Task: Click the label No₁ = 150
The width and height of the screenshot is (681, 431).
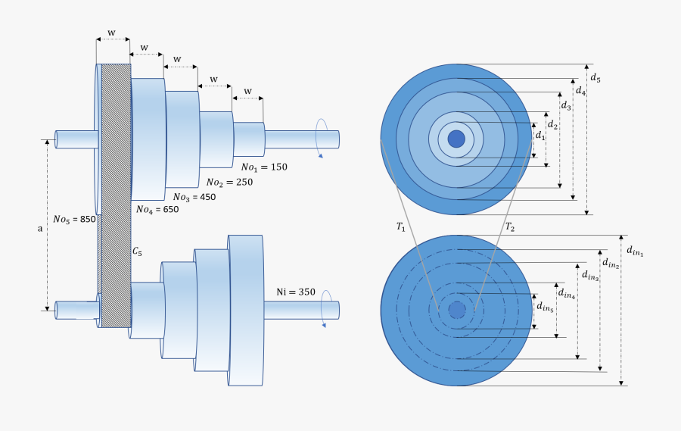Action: (264, 167)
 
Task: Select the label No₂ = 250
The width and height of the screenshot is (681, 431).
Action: (229, 182)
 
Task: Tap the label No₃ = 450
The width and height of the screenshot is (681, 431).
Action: (194, 197)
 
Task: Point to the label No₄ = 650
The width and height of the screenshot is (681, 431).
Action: (157, 211)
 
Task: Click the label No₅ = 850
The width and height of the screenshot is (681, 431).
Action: (74, 220)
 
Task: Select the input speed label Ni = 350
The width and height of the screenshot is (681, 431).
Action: (296, 291)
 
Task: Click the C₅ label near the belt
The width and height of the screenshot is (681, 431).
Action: (137, 250)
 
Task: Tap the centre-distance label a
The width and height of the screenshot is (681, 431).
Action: (40, 227)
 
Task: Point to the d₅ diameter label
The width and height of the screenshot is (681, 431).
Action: (595, 78)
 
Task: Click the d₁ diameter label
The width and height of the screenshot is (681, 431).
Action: (540, 135)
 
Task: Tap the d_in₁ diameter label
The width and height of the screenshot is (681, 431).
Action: (634, 250)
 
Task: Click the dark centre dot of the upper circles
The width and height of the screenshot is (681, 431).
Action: (456, 139)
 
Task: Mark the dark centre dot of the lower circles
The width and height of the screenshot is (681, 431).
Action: (456, 311)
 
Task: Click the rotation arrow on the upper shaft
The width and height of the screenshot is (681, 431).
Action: (322, 138)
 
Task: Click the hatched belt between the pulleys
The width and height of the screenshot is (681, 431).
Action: (115, 197)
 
